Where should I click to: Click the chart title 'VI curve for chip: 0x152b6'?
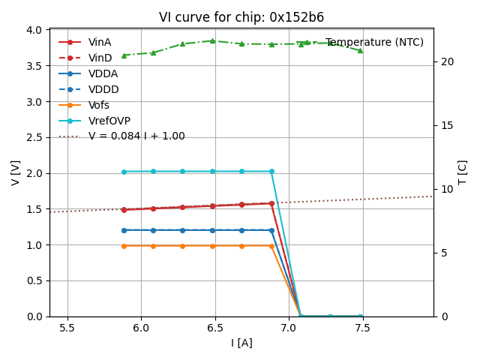click(241, 17)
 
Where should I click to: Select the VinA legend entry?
click(100, 42)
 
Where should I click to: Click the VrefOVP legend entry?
click(109, 121)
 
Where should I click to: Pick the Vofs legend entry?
click(103, 105)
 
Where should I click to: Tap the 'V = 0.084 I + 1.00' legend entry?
click(136, 136)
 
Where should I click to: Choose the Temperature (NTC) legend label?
click(374, 42)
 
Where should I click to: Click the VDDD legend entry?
click(103, 89)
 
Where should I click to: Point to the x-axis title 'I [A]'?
click(241, 343)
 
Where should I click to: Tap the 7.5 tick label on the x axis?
click(363, 328)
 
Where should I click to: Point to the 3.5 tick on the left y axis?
click(34, 65)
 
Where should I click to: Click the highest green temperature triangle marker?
click(212, 40)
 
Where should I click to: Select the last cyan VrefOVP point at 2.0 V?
click(271, 171)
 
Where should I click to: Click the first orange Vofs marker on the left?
click(124, 245)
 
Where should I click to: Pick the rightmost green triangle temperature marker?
click(361, 50)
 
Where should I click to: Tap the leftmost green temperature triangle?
click(124, 55)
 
